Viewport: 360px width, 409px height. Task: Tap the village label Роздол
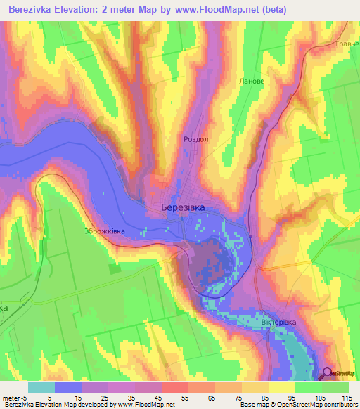tap(196, 139)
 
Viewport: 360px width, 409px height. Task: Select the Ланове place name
tap(252, 82)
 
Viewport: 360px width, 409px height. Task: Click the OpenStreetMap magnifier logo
tap(328, 373)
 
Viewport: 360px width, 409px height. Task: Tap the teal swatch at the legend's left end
tap(41, 387)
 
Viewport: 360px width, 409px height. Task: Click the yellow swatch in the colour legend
tap(282, 387)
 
